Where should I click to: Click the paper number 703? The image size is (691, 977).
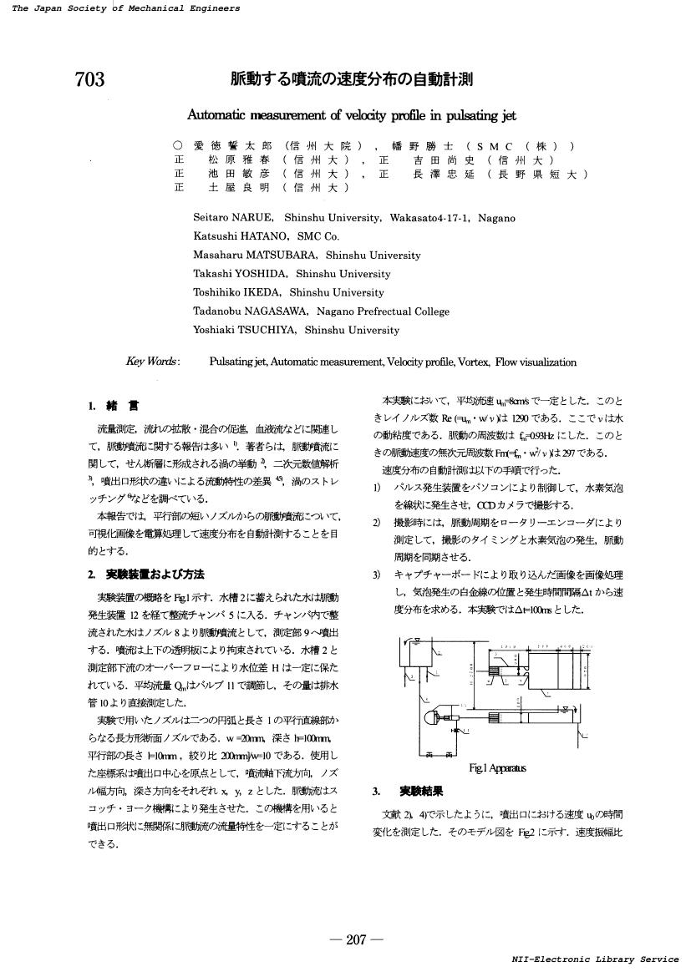(89, 80)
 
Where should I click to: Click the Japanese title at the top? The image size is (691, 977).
(352, 80)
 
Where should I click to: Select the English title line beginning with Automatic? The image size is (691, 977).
(352, 115)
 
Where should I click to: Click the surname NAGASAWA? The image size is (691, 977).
(283, 311)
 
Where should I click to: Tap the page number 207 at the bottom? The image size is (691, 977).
(356, 940)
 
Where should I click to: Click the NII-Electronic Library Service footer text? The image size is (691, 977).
(595, 959)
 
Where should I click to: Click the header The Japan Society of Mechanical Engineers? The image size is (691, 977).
(126, 8)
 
